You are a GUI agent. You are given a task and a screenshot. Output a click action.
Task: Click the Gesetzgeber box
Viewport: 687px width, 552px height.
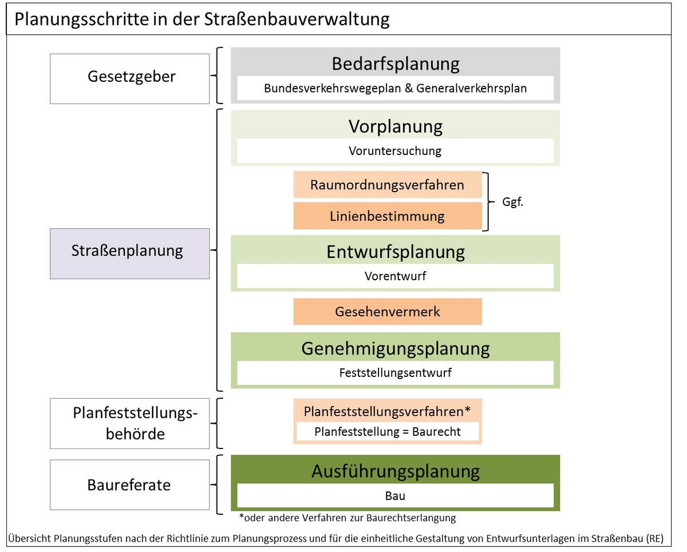click(129, 78)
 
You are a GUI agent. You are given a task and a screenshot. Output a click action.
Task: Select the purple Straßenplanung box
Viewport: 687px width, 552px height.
click(129, 253)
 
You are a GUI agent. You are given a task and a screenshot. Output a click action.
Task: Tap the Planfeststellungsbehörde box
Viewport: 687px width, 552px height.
click(129, 423)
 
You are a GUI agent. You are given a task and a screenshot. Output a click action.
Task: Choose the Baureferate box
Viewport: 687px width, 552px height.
click(129, 485)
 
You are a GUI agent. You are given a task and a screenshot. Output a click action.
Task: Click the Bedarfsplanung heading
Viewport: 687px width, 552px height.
click(396, 64)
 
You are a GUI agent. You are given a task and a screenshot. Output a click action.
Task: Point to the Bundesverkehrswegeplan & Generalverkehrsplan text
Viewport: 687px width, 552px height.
click(395, 89)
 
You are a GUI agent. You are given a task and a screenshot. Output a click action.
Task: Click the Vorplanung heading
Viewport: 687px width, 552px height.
click(396, 126)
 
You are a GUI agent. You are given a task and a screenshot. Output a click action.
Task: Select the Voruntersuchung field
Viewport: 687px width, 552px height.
click(395, 150)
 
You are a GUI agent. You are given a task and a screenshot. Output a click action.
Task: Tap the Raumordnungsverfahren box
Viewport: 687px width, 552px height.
click(388, 184)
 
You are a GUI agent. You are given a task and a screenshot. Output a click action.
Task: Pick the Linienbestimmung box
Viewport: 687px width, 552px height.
click(388, 216)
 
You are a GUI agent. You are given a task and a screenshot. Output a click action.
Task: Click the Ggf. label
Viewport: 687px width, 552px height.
click(513, 202)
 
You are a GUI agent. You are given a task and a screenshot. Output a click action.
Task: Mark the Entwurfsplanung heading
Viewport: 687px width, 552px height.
click(396, 252)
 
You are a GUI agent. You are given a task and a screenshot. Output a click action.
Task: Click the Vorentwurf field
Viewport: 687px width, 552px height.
click(395, 276)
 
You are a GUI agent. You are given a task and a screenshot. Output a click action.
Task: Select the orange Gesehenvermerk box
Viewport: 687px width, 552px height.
click(388, 311)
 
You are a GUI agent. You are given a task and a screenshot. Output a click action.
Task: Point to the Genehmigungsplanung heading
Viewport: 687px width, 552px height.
click(396, 349)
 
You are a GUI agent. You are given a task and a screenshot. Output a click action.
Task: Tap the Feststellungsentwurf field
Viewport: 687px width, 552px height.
click(395, 373)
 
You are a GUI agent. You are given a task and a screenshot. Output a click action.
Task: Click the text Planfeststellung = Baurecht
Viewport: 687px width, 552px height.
click(388, 432)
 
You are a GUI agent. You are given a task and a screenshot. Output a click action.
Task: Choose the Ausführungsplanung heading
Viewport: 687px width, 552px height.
click(396, 471)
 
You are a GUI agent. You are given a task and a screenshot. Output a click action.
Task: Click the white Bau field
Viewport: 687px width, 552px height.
click(395, 495)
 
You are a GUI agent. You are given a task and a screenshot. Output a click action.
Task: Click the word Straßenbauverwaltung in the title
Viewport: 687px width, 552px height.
click(297, 19)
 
